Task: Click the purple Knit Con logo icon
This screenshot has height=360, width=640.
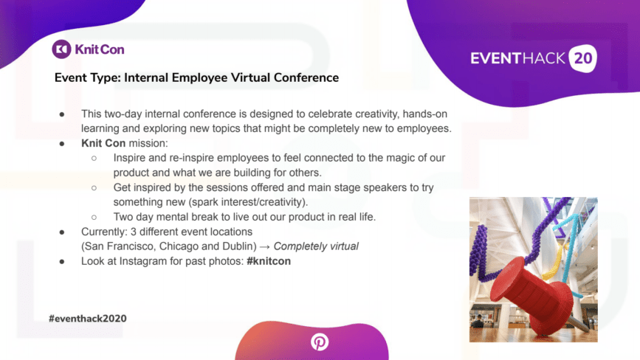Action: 61,49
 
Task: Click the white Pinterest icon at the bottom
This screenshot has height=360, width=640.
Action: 319,342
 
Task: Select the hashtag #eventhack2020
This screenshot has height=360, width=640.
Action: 88,319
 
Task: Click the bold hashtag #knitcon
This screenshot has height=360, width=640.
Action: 269,261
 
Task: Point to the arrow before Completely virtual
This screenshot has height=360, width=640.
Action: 264,246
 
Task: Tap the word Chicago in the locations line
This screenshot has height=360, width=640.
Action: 178,246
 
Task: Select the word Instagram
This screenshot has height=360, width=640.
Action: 143,261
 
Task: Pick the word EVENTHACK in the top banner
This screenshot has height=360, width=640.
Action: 517,58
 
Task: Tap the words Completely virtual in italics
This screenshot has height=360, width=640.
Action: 316,246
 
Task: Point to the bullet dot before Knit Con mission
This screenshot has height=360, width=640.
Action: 62,144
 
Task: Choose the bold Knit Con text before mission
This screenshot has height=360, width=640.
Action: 103,143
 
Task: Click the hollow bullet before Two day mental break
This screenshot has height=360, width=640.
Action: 94,218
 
